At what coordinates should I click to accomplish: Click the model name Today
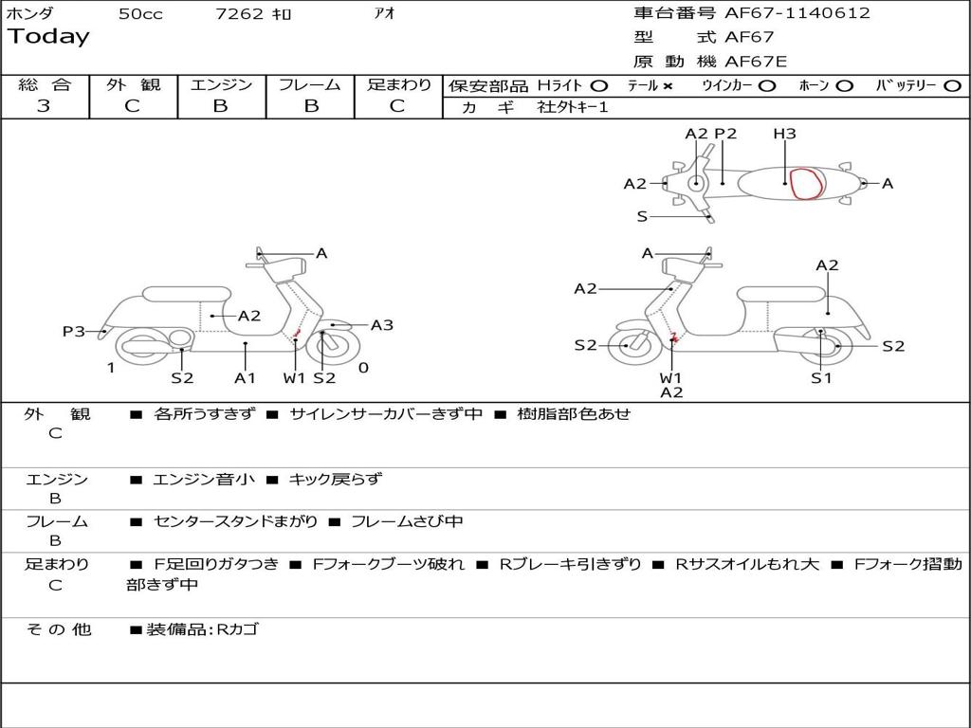pos(48,37)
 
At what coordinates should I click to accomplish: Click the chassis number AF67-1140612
pos(797,13)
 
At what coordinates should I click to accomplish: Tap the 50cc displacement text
pos(139,14)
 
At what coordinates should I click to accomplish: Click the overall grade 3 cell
pos(44,106)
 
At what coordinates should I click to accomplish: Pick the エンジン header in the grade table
pos(221,85)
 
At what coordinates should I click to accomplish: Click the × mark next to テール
pos(668,85)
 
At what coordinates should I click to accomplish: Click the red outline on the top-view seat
pos(807,184)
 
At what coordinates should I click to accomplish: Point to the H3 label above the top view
pos(784,134)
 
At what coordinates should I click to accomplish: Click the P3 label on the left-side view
pos(74,331)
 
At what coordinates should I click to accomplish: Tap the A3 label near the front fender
pos(381,325)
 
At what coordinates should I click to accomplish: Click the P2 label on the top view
pos(725,134)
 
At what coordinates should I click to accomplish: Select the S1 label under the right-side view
pos(821,378)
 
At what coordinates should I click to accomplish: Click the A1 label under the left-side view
pos(246,378)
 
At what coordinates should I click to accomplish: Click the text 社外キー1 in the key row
pos(575,107)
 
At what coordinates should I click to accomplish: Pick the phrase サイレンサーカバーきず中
pos(386,414)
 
